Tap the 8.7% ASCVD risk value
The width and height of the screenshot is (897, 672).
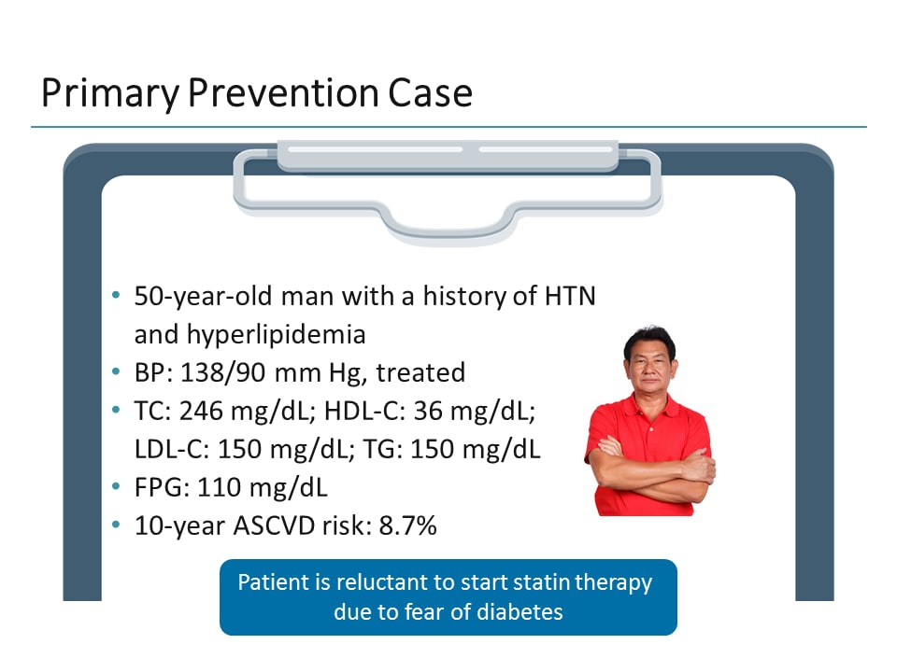coord(407,526)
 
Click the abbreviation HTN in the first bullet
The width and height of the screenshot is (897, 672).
coord(569,297)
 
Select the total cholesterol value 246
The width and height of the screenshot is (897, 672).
coord(198,412)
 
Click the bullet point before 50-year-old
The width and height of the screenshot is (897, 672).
coord(116,296)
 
